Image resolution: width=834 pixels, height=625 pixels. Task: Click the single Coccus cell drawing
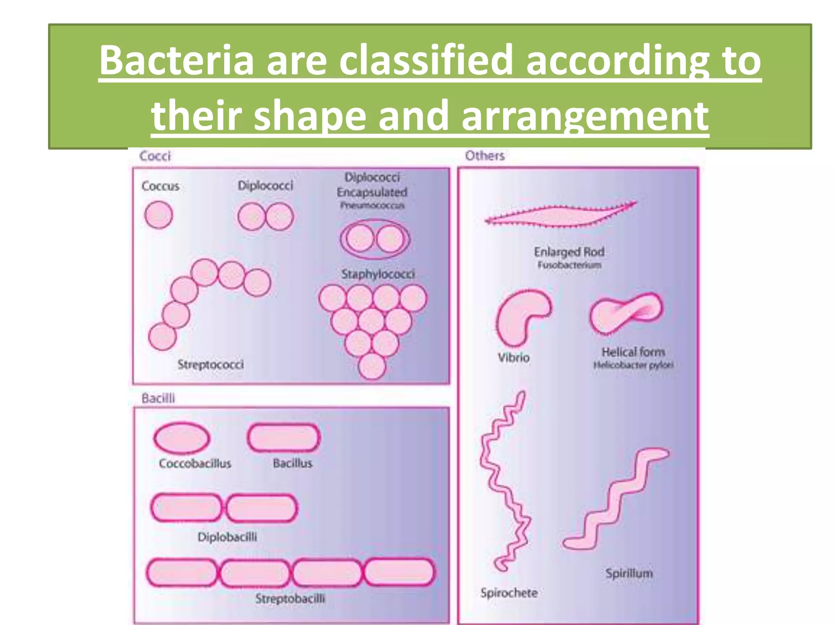(x=158, y=215)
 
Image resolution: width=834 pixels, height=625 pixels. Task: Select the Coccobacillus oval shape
(x=182, y=438)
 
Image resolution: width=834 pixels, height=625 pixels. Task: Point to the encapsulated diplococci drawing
(x=375, y=239)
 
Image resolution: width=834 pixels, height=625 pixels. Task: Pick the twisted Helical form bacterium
(x=626, y=313)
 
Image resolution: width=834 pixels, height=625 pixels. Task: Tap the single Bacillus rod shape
(x=284, y=438)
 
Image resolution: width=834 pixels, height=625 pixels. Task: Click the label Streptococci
(x=211, y=364)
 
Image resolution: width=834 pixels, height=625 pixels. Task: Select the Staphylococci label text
(x=378, y=274)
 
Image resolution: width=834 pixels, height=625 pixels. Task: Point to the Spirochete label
(x=509, y=593)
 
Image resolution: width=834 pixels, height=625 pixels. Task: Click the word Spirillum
(x=629, y=573)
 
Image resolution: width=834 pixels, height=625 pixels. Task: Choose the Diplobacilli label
(x=227, y=537)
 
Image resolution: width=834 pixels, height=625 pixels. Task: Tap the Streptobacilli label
(x=290, y=599)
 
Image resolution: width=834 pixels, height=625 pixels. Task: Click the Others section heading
(x=485, y=155)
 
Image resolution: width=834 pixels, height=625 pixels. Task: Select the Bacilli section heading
(x=158, y=398)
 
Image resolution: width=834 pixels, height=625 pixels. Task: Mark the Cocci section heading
(x=155, y=156)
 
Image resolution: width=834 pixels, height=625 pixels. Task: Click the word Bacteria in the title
(x=176, y=61)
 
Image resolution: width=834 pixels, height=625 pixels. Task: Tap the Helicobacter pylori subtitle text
(x=633, y=365)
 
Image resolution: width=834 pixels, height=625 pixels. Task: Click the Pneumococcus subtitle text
(x=372, y=205)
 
